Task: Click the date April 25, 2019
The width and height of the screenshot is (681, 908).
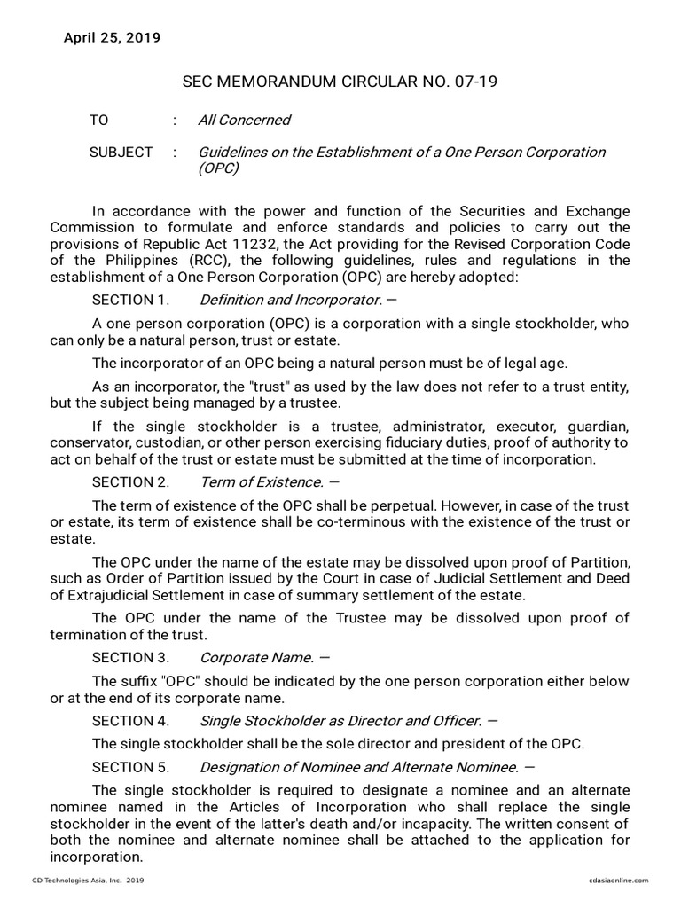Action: tap(112, 37)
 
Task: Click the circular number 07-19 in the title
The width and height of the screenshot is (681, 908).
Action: tap(477, 82)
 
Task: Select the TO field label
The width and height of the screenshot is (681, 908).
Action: tap(98, 120)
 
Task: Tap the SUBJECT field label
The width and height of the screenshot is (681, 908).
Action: tap(121, 153)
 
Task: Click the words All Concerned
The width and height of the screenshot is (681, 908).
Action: tap(244, 120)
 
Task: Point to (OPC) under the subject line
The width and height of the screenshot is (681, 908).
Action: tap(218, 168)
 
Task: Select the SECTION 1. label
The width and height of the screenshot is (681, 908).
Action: tap(129, 300)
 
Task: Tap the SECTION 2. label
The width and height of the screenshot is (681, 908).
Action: tap(130, 482)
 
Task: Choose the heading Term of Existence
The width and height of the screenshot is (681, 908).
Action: tap(261, 482)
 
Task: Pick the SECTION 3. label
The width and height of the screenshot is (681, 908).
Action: tap(130, 658)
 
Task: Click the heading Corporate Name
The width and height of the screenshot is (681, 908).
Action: tap(256, 658)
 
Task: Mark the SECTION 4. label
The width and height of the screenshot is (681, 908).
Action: tap(130, 721)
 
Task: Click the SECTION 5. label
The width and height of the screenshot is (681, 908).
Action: tap(130, 767)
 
